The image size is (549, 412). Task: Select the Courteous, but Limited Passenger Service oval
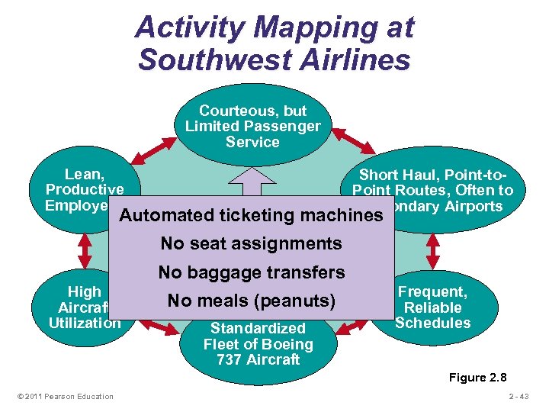253,126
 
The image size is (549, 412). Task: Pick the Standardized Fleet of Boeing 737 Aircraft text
258,344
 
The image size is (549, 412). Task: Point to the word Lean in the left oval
84,174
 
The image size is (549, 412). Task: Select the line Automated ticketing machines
250,215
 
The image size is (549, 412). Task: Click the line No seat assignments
251,244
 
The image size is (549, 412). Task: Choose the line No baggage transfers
252,272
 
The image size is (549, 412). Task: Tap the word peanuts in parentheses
298,301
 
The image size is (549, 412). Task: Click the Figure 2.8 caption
477,378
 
